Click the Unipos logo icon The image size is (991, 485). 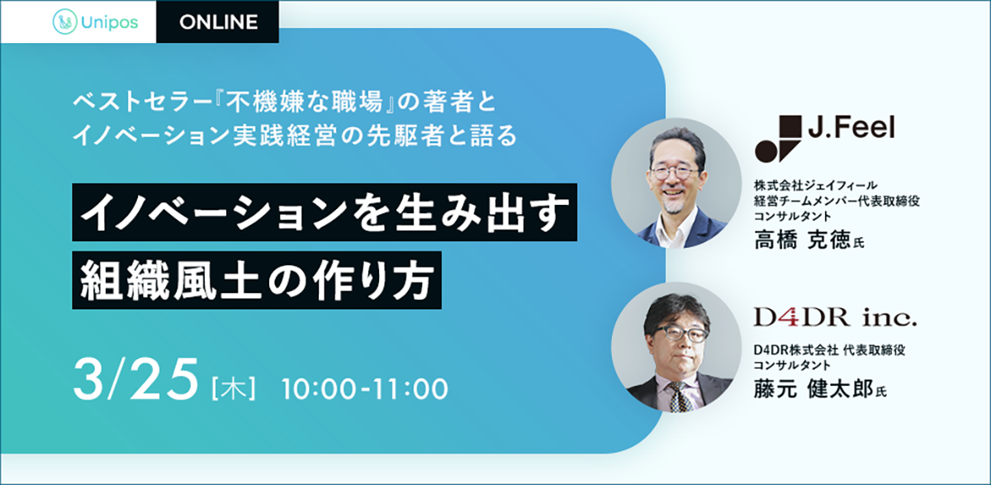[64, 21]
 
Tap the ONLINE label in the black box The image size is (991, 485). [219, 22]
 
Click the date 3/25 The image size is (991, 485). [135, 379]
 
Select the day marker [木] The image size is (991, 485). [234, 388]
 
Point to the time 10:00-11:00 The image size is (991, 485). [365, 389]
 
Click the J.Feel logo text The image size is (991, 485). [851, 127]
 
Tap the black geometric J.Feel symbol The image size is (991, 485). [778, 139]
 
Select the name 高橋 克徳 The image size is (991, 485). [803, 240]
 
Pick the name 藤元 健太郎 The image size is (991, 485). [813, 389]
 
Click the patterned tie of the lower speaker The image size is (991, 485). [680, 397]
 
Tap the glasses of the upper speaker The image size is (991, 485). [673, 172]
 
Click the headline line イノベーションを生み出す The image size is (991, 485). [325, 212]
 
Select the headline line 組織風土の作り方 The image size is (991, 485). [257, 280]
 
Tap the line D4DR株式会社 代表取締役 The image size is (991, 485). [829, 350]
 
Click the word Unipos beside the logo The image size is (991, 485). [110, 22]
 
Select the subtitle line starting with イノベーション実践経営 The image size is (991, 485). [295, 136]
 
